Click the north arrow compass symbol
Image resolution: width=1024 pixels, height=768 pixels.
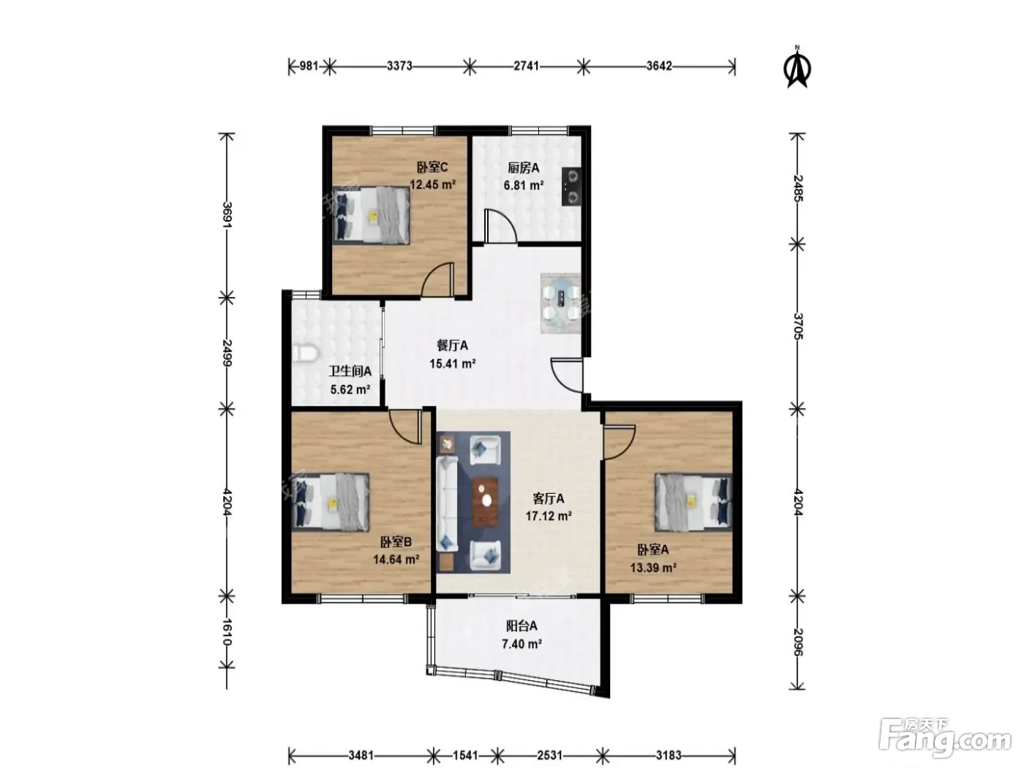click(x=797, y=67)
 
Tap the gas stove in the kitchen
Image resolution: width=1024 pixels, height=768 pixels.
click(x=571, y=187)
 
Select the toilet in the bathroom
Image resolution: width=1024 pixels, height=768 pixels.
click(x=305, y=353)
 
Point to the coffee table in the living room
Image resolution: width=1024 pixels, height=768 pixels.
click(x=485, y=501)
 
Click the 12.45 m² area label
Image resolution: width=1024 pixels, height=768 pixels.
click(x=432, y=184)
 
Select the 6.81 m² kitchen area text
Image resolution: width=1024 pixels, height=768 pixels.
click(x=524, y=186)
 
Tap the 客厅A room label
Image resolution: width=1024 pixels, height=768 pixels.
click(x=548, y=499)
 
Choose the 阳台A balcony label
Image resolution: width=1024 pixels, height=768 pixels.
click(x=522, y=626)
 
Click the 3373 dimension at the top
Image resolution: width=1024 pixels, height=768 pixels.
click(x=399, y=67)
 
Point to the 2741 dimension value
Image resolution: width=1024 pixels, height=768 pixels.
click(x=526, y=67)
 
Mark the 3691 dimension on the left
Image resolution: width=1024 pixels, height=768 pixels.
click(x=227, y=214)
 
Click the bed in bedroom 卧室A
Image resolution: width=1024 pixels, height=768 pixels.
click(x=693, y=502)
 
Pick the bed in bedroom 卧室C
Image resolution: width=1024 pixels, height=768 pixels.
click(x=372, y=216)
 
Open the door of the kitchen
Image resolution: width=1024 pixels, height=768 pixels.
click(x=500, y=227)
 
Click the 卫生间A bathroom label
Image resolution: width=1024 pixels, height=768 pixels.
click(x=350, y=371)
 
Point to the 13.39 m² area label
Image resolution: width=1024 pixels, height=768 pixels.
click(x=653, y=568)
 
